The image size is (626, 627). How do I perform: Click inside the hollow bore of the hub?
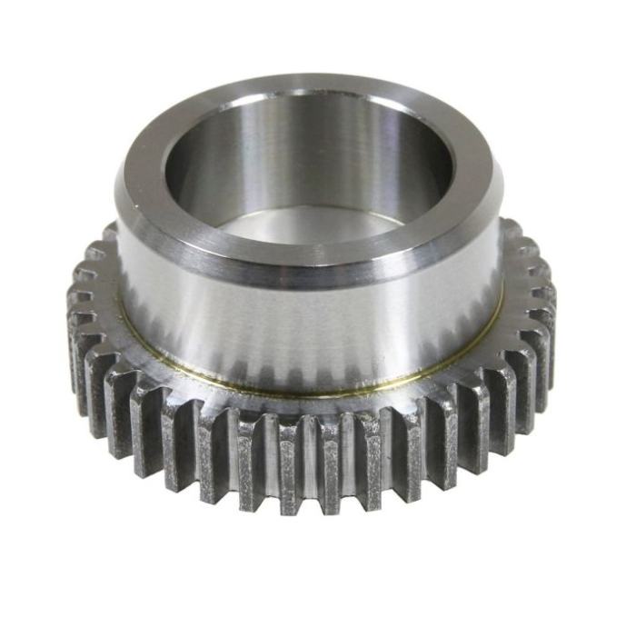click(x=309, y=173)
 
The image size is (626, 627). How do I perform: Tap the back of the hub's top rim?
click(x=309, y=88)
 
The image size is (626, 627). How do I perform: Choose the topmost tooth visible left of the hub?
click(x=108, y=234)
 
